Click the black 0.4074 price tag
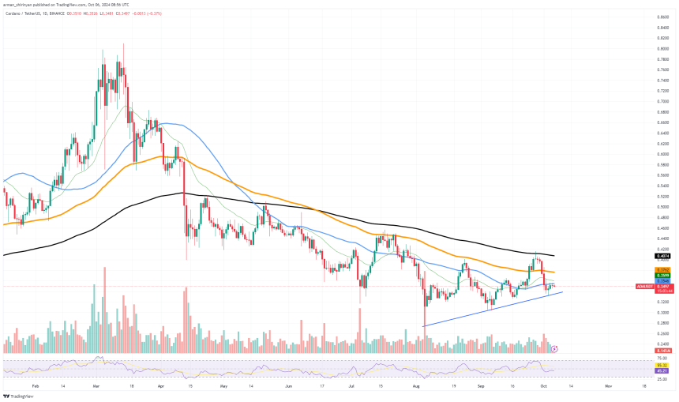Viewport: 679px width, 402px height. pyautogui.click(x=663, y=256)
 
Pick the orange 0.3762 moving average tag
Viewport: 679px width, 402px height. pyautogui.click(x=663, y=270)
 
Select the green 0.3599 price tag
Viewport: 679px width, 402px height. pyautogui.click(x=663, y=275)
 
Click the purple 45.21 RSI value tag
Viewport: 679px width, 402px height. pyautogui.click(x=663, y=370)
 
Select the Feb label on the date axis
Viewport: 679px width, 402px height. pyautogui.click(x=35, y=386)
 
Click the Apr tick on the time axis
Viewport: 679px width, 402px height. pyautogui.click(x=160, y=386)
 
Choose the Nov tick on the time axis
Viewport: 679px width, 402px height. pyautogui.click(x=609, y=386)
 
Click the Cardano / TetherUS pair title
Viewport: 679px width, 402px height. pyautogui.click(x=24, y=13)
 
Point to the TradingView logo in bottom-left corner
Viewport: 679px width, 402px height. pyautogui.click(x=10, y=394)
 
